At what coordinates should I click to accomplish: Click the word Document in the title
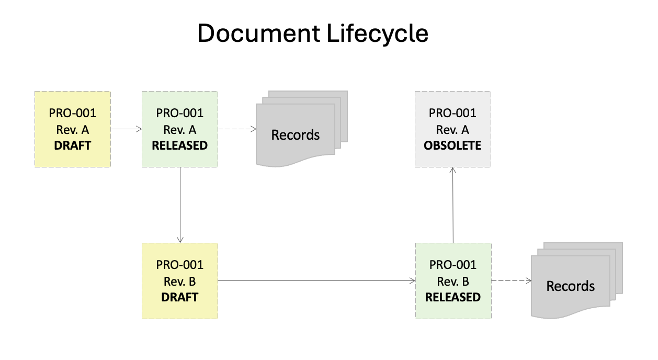258,34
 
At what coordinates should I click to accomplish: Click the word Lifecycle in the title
378,34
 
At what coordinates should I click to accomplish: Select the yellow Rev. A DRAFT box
73,129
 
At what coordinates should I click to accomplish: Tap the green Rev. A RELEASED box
180,129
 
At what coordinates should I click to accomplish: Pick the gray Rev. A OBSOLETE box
452,129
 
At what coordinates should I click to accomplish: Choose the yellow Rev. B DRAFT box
180,281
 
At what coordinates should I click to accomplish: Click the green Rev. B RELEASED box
452,281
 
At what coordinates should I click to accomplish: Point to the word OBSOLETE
452,145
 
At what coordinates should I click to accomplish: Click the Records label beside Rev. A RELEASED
295,135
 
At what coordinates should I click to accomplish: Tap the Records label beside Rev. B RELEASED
571,286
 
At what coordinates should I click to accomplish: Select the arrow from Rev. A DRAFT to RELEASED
126,128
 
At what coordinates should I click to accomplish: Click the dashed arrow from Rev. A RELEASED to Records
236,129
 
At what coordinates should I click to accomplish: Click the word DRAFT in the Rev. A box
73,145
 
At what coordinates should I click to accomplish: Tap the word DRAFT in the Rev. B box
180,297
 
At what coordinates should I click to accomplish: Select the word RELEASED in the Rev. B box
452,297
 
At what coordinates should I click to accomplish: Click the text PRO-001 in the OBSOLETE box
452,113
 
